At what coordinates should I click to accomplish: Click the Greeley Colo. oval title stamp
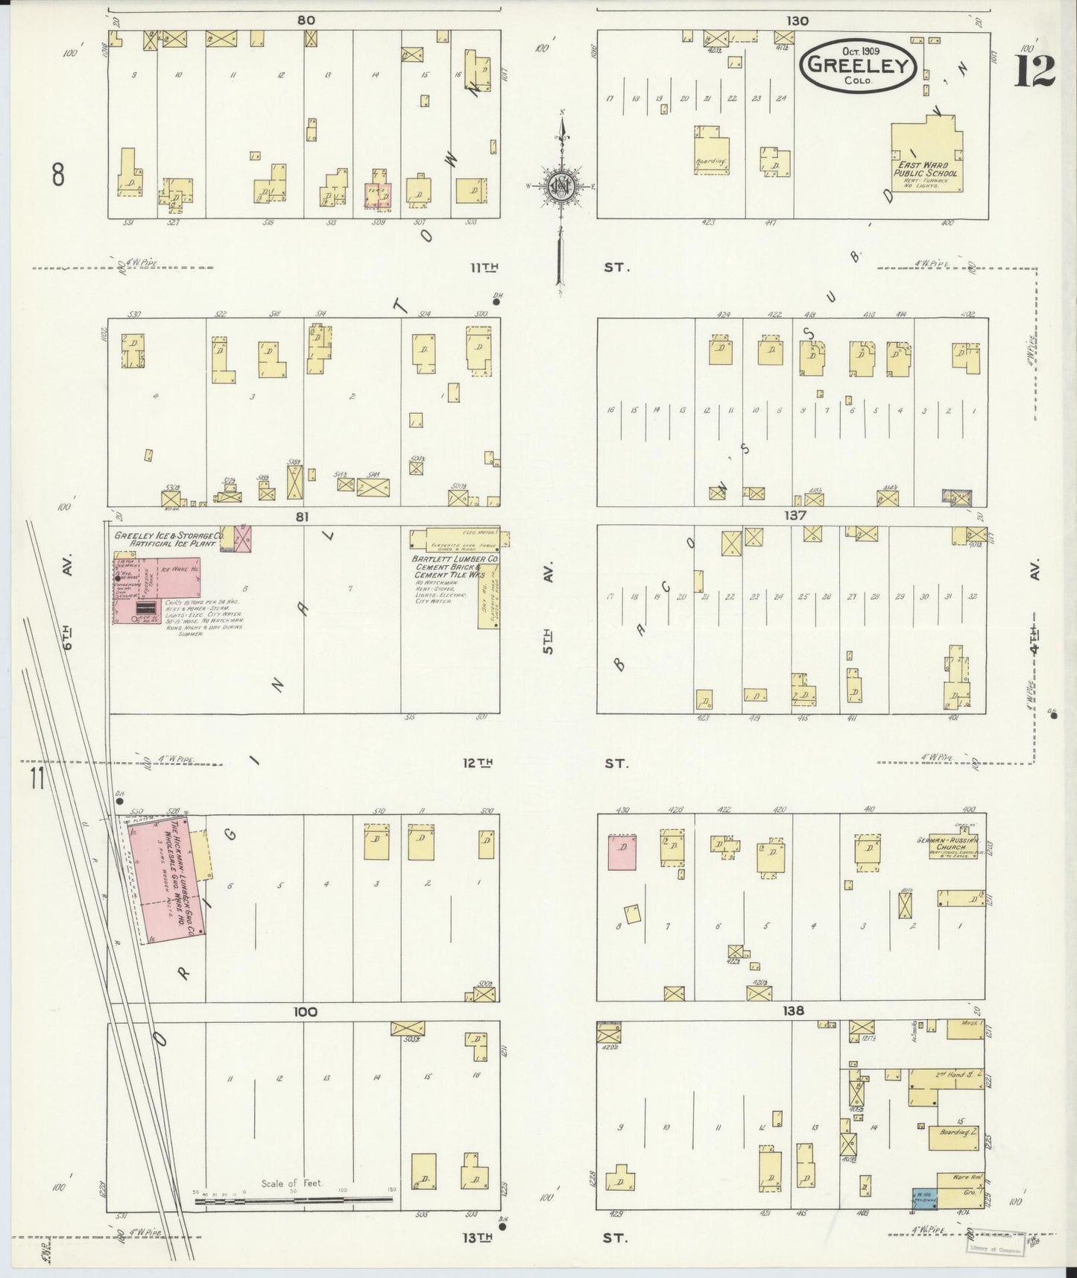click(857, 67)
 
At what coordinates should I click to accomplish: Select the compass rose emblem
click(560, 186)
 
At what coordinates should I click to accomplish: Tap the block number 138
click(795, 1011)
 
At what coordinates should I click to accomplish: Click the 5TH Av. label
click(549, 640)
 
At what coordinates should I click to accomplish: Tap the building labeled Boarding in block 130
click(712, 151)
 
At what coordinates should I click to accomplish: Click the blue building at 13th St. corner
click(925, 1199)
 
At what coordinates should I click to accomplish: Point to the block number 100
click(305, 1012)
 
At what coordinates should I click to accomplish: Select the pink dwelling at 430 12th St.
click(622, 852)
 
